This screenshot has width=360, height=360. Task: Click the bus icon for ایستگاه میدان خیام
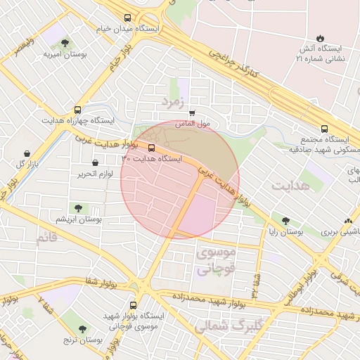[x=127, y=18]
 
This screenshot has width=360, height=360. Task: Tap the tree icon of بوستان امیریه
[x=65, y=43]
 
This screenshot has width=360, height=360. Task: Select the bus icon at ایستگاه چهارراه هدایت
[x=77, y=110]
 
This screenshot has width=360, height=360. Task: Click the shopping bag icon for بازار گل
[x=27, y=153]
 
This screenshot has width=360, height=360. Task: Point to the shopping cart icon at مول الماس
[x=192, y=113]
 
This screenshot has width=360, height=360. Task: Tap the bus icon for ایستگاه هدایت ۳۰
[x=152, y=148]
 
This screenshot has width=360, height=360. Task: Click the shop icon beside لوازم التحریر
[x=95, y=163]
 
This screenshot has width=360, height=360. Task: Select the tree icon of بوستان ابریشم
[x=78, y=208]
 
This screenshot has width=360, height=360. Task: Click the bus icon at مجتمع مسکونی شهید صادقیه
[x=324, y=129]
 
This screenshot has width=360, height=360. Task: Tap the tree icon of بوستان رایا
[x=284, y=221]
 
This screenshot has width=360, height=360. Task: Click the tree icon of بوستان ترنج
[x=82, y=328]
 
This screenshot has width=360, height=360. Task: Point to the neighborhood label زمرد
[x=172, y=101]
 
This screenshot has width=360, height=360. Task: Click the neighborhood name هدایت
[x=290, y=185]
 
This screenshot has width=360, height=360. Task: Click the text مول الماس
[x=194, y=124]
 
